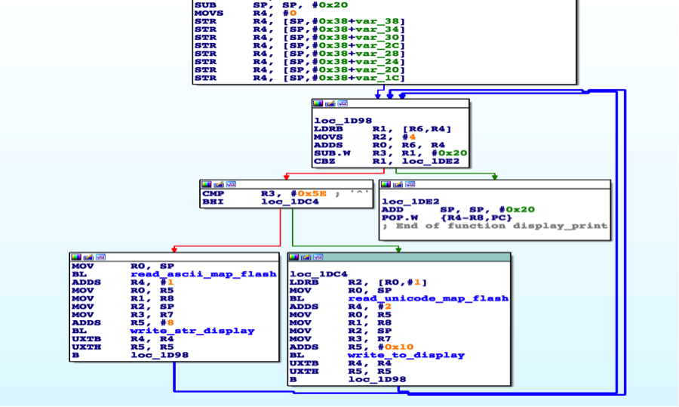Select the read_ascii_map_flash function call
pos(203,274)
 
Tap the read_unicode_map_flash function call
pos(427,298)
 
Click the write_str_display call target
pos(192,330)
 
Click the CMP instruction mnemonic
pos(213,193)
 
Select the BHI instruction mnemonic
pos(213,202)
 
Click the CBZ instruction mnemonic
pos(325,161)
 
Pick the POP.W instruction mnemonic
pos(398,217)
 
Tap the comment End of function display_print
pos(494,226)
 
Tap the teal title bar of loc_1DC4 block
pos(422,257)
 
